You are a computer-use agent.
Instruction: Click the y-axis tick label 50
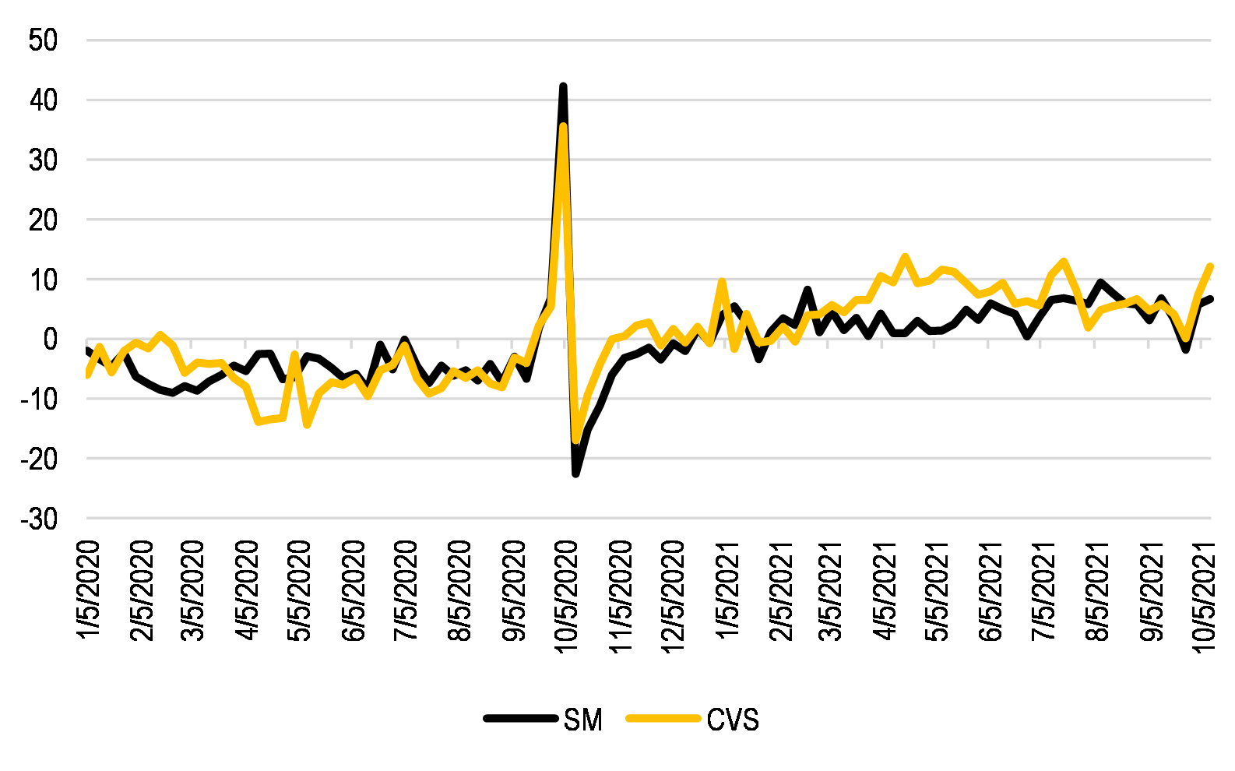pyautogui.click(x=43, y=40)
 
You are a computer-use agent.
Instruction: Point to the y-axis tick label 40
pyautogui.click(x=43, y=100)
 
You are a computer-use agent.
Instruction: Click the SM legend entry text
pyautogui.click(x=583, y=720)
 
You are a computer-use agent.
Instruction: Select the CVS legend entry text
pyautogui.click(x=733, y=720)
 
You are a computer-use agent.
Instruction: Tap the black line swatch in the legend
pyautogui.click(x=520, y=719)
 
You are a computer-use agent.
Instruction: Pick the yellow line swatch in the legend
pyautogui.click(x=663, y=719)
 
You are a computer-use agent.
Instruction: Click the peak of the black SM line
pyautogui.click(x=563, y=86)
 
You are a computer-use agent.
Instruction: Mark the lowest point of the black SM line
pyautogui.click(x=575, y=473)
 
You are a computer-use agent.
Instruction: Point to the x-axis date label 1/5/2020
pyautogui.click(x=89, y=590)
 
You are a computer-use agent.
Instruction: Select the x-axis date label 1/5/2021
pyautogui.click(x=727, y=590)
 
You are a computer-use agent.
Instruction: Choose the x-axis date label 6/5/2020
pyautogui.click(x=354, y=590)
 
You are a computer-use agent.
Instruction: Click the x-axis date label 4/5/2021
pyautogui.click(x=887, y=590)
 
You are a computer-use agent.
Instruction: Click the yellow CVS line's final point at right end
pyautogui.click(x=1211, y=266)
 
